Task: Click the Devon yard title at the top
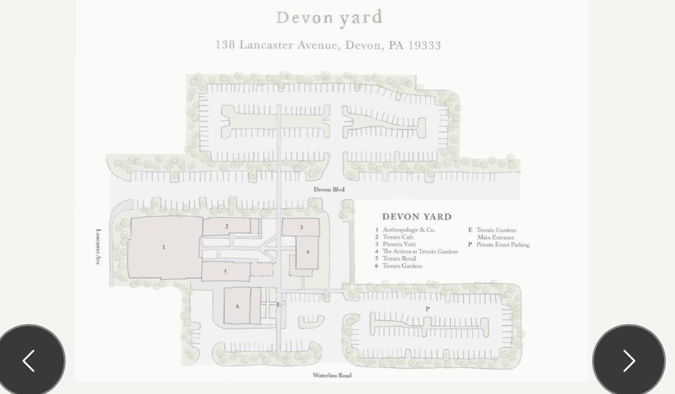[x=330, y=18]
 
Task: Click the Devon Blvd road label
[x=329, y=190]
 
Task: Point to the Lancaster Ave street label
[x=99, y=247]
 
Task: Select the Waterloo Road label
[x=332, y=376]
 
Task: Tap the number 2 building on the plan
[x=226, y=226]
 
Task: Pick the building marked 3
[x=301, y=227]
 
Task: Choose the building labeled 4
[x=307, y=252]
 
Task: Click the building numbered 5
[x=226, y=272]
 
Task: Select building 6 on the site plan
[x=237, y=306]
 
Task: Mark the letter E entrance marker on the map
[x=279, y=305]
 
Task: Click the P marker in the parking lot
[x=428, y=309]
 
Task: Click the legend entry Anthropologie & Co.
[x=409, y=230]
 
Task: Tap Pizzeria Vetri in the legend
[x=399, y=244]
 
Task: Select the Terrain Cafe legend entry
[x=398, y=237]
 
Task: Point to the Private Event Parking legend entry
[x=503, y=245]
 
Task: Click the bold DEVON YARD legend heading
[x=417, y=217]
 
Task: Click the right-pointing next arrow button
[x=629, y=361]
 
